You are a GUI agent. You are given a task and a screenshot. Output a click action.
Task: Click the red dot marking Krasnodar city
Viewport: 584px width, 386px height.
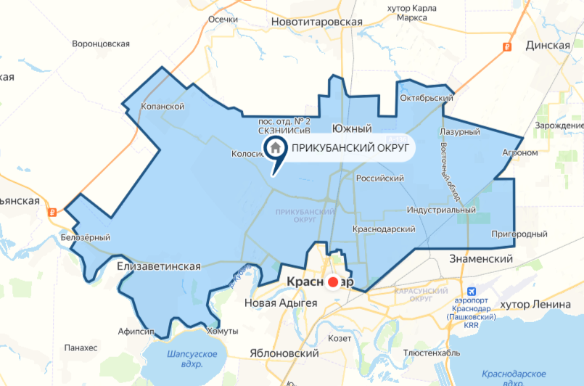tap(334, 283)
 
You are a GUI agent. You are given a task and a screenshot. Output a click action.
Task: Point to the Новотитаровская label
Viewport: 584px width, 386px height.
tap(316, 22)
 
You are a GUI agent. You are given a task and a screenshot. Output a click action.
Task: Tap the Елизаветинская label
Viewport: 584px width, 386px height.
tap(158, 266)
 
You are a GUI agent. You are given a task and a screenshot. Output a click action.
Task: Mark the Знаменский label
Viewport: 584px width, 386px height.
tap(481, 258)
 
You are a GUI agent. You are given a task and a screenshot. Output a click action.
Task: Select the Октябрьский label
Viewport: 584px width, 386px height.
tap(427, 98)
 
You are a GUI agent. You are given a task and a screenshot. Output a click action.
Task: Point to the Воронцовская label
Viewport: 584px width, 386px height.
tap(100, 44)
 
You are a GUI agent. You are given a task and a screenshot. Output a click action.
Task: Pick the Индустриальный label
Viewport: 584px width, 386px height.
tap(441, 210)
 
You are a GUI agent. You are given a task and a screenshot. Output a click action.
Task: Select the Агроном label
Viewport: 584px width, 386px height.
tap(519, 153)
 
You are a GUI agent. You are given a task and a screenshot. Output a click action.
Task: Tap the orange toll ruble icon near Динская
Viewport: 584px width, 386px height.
tap(506, 46)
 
